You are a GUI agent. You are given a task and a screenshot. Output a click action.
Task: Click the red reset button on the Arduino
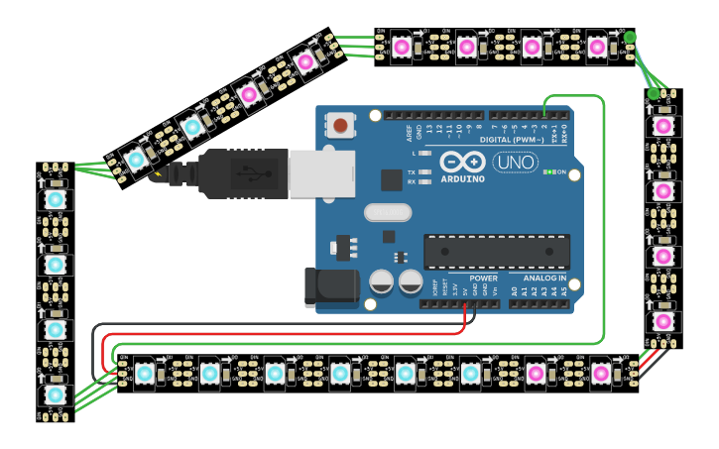(x=340, y=126)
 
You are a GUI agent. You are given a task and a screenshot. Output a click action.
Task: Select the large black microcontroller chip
(x=496, y=252)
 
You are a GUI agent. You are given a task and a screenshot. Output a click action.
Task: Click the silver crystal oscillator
(x=387, y=212)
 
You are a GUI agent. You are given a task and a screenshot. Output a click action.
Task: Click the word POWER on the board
(x=483, y=279)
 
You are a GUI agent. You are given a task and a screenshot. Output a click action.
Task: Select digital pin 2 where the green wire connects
(x=544, y=116)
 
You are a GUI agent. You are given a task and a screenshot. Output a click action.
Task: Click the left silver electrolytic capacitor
(x=381, y=282)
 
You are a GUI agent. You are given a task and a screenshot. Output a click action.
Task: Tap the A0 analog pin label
(x=514, y=290)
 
